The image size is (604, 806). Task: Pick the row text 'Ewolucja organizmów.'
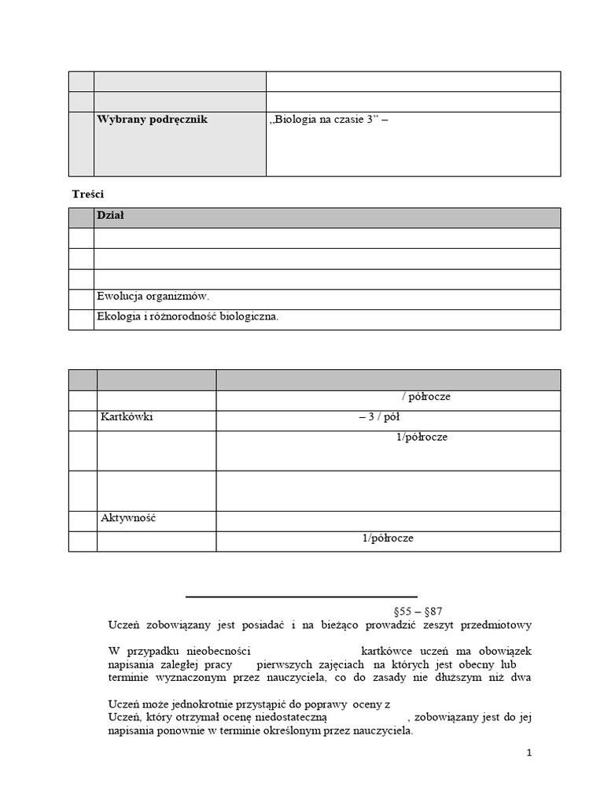pos(153,297)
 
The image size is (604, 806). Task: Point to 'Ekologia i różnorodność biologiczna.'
pos(187,317)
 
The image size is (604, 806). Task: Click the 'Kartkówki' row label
pos(127,417)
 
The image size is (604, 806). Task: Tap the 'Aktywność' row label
pos(129,518)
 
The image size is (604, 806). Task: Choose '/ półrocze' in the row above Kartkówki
pos(426,397)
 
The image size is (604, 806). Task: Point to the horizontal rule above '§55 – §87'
pos(301,597)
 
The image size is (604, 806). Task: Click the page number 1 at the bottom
pos(530,753)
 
